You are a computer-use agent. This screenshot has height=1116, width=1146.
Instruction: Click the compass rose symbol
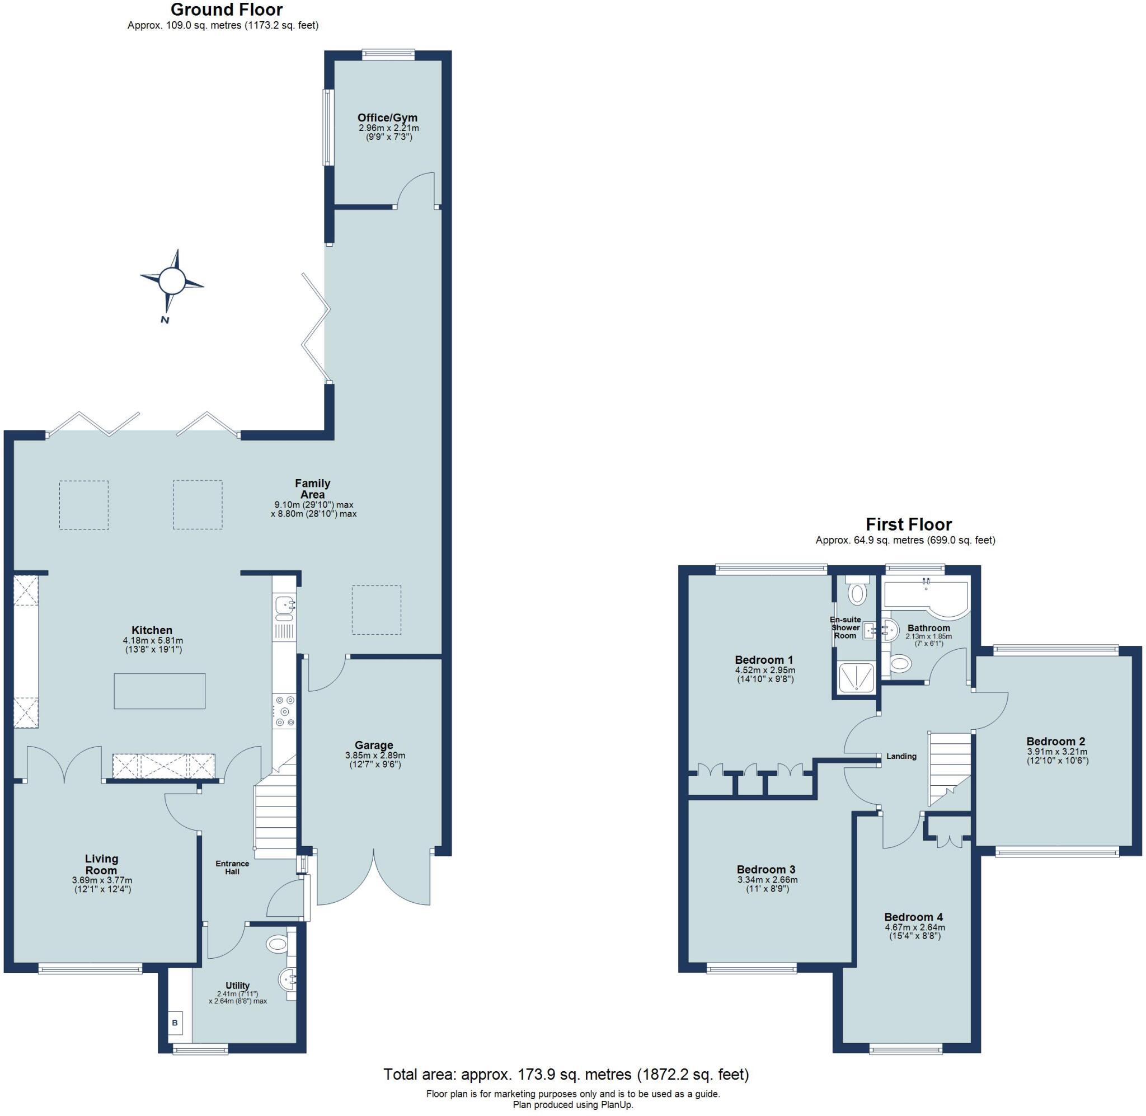coord(172,280)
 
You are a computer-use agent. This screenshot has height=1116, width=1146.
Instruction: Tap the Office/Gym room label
coord(387,118)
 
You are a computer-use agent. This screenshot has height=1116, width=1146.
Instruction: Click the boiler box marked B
coord(175,1023)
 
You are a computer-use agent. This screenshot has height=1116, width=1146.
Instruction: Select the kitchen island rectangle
coord(159,691)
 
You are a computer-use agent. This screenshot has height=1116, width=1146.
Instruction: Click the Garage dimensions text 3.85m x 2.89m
coord(375,756)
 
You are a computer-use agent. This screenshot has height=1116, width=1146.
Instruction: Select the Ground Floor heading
coord(226,10)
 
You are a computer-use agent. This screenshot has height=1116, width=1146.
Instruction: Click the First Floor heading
coord(909,524)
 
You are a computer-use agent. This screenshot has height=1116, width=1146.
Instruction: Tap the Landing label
coord(901,756)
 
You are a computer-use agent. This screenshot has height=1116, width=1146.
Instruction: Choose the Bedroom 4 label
coord(913,917)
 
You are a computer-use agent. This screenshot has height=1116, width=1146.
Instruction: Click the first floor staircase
coord(949,768)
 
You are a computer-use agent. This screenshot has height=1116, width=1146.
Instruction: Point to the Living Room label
coord(102,865)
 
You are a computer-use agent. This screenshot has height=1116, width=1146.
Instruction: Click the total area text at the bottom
coord(566,1075)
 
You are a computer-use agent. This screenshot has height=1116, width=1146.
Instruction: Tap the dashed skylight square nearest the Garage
coord(376,609)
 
